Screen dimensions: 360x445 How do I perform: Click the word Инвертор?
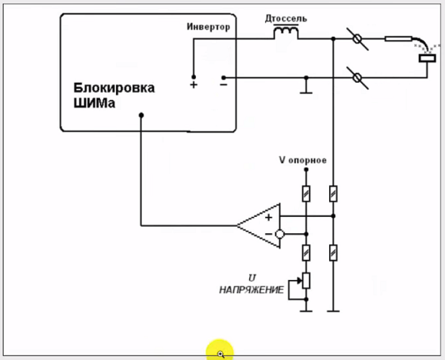[208, 27]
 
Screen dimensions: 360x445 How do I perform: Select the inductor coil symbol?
[287, 33]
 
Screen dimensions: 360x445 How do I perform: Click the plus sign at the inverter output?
[193, 85]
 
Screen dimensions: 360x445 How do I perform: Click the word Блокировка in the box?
[113, 88]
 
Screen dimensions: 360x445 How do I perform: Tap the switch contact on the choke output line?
[359, 38]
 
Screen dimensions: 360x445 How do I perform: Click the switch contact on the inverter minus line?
[359, 76]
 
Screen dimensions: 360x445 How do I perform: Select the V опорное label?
[302, 160]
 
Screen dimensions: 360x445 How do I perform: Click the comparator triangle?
[259, 225]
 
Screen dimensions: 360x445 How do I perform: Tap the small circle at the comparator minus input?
[280, 234]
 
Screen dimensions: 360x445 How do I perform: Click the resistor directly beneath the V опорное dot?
[306, 193]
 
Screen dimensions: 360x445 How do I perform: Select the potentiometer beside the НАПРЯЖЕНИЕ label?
[306, 282]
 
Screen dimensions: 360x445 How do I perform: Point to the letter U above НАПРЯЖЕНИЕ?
[252, 277]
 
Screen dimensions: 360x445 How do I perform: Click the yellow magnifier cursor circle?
[220, 352]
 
